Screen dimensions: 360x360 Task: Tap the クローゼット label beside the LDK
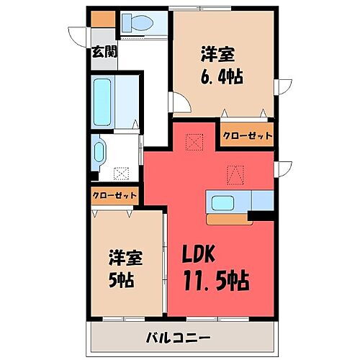[246, 135]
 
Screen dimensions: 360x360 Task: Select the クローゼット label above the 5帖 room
[114, 195]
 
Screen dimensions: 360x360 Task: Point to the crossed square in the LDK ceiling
[193, 141]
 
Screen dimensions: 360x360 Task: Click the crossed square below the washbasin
[121, 174]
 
